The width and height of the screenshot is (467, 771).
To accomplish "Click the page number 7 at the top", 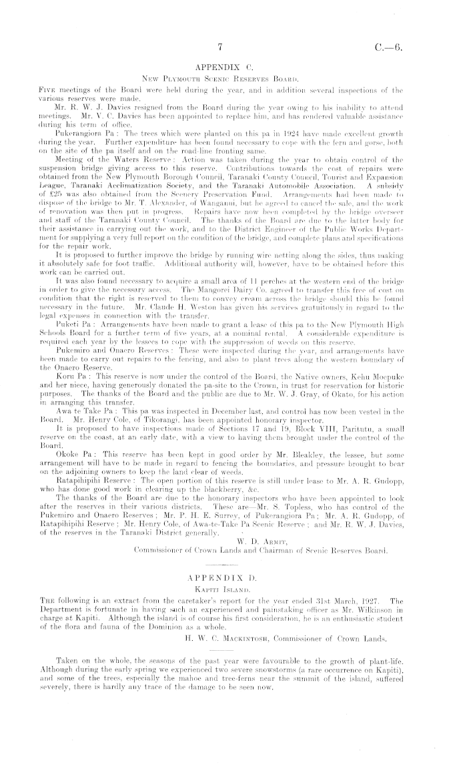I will pos(219,47).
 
